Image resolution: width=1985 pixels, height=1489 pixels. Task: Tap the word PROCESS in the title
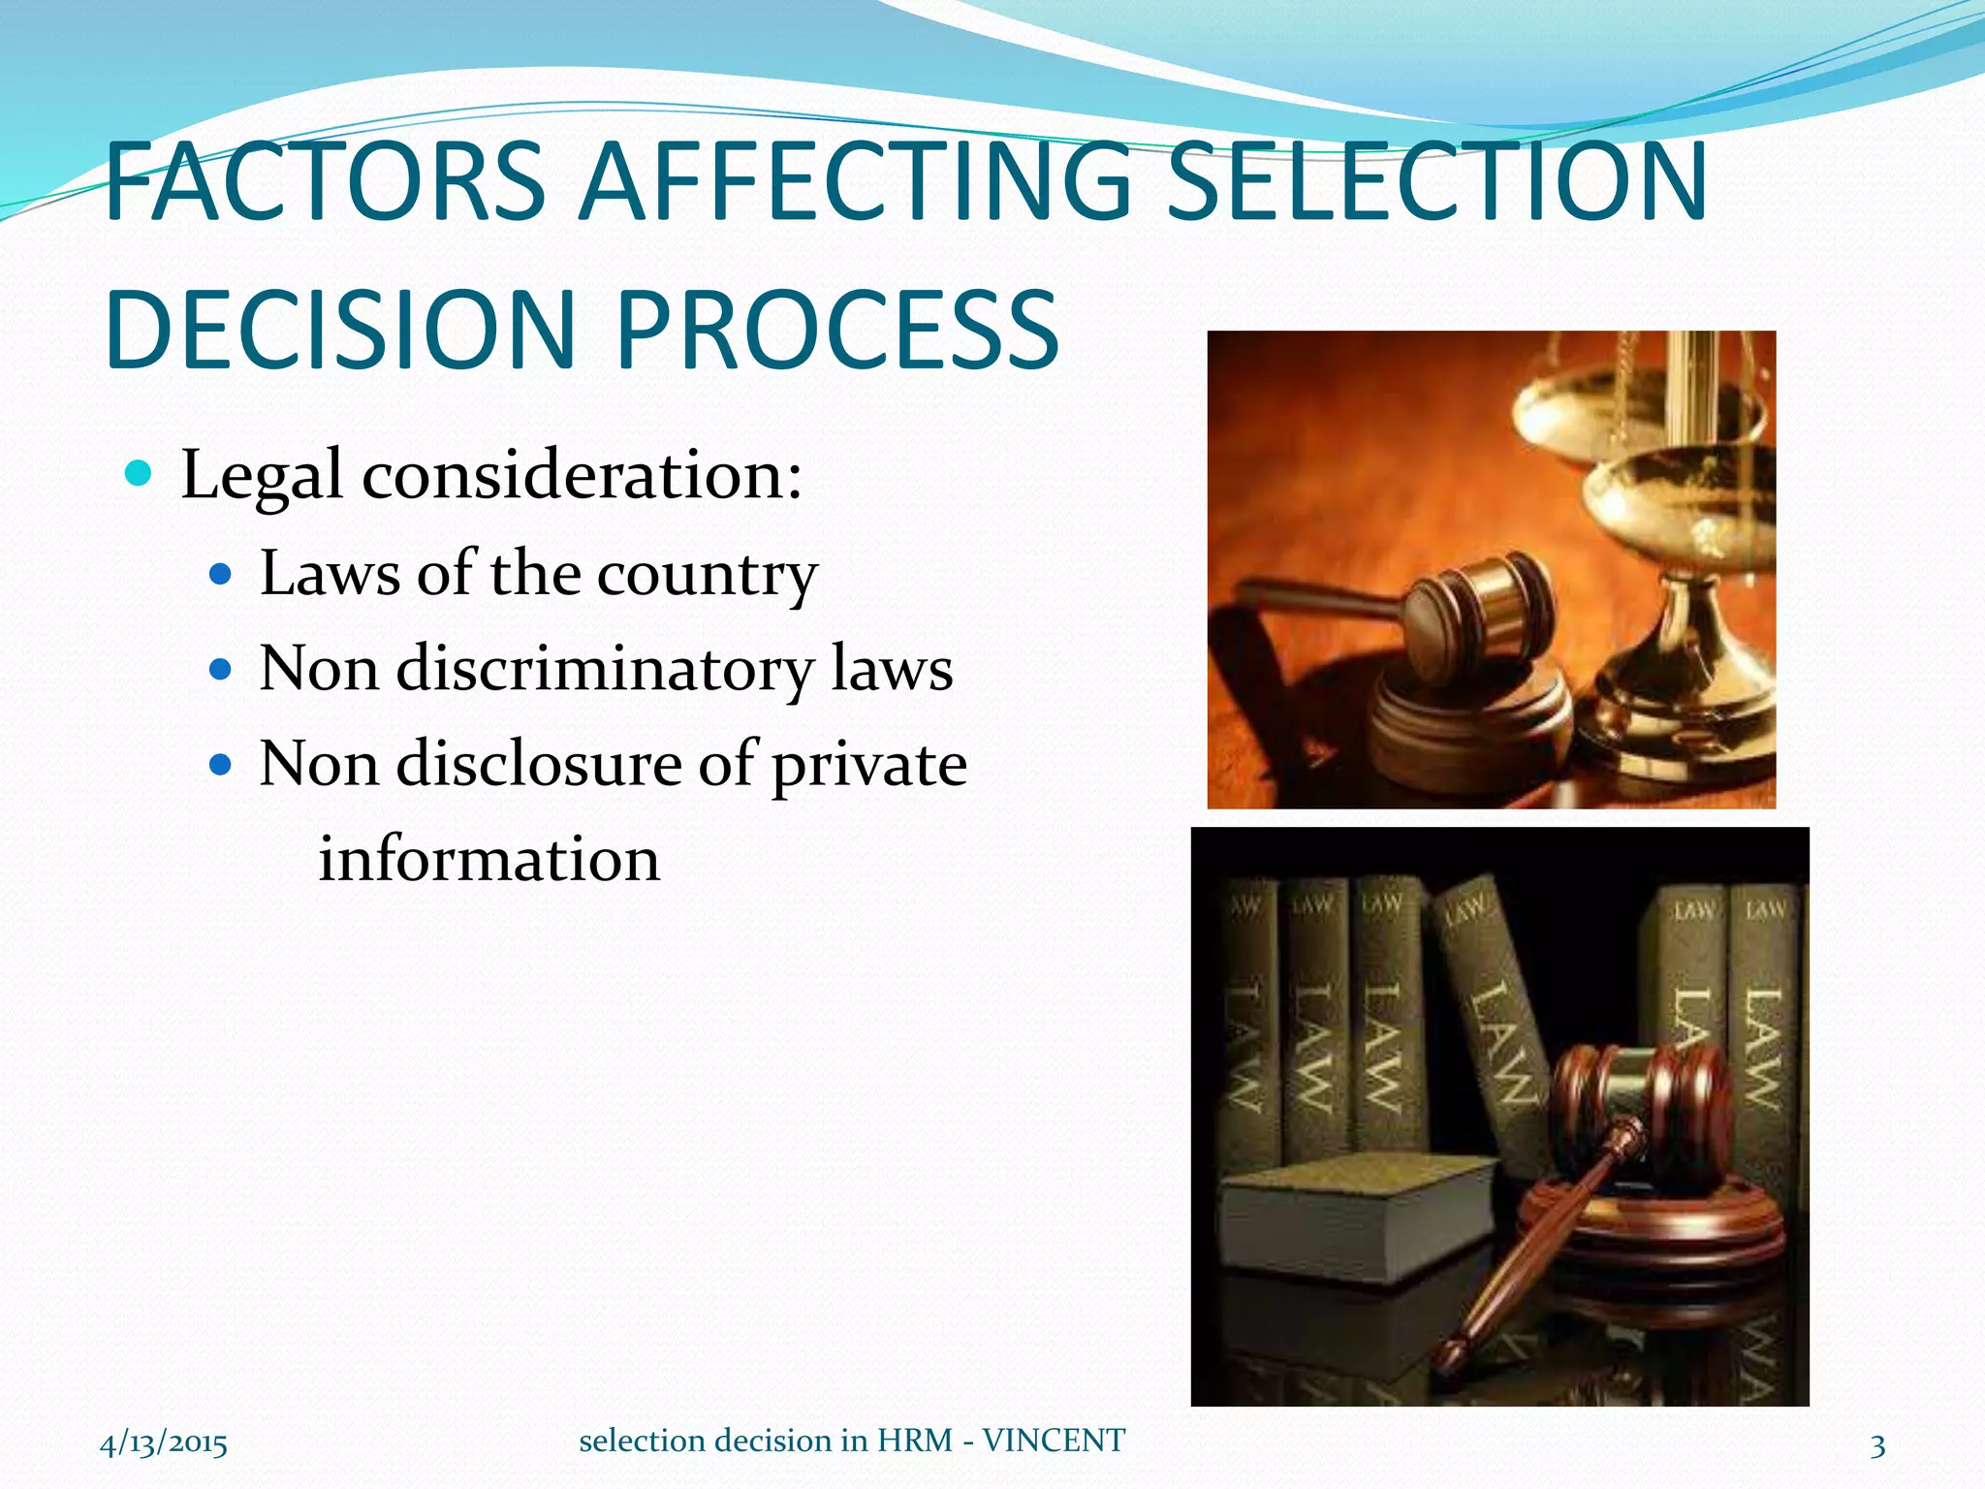click(836, 330)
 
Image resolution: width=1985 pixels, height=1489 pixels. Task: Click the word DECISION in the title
click(341, 330)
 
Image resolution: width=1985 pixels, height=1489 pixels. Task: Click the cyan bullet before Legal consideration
click(140, 474)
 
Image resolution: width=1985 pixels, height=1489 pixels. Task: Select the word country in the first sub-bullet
click(707, 574)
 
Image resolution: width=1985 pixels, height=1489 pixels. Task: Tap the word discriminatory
click(605, 669)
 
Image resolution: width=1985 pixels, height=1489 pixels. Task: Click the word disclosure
click(539, 764)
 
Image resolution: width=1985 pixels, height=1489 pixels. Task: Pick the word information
click(489, 859)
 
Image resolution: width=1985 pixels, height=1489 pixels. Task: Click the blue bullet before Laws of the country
click(222, 575)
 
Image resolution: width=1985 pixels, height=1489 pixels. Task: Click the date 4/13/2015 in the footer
click(164, 1443)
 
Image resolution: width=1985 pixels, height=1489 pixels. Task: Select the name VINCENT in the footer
click(1054, 1441)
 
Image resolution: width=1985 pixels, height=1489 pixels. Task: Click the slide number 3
click(1877, 1446)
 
